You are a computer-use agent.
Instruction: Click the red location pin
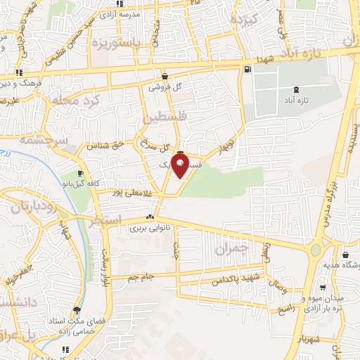(x=181, y=167)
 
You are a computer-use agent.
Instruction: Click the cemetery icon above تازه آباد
(x=296, y=90)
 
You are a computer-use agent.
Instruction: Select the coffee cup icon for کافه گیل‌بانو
(x=80, y=173)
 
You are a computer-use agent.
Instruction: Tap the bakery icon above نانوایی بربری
(x=149, y=217)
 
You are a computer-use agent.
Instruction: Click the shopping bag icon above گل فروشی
(x=165, y=77)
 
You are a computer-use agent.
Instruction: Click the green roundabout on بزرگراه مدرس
(x=316, y=250)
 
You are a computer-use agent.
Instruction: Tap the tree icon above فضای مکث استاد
(x=76, y=310)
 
